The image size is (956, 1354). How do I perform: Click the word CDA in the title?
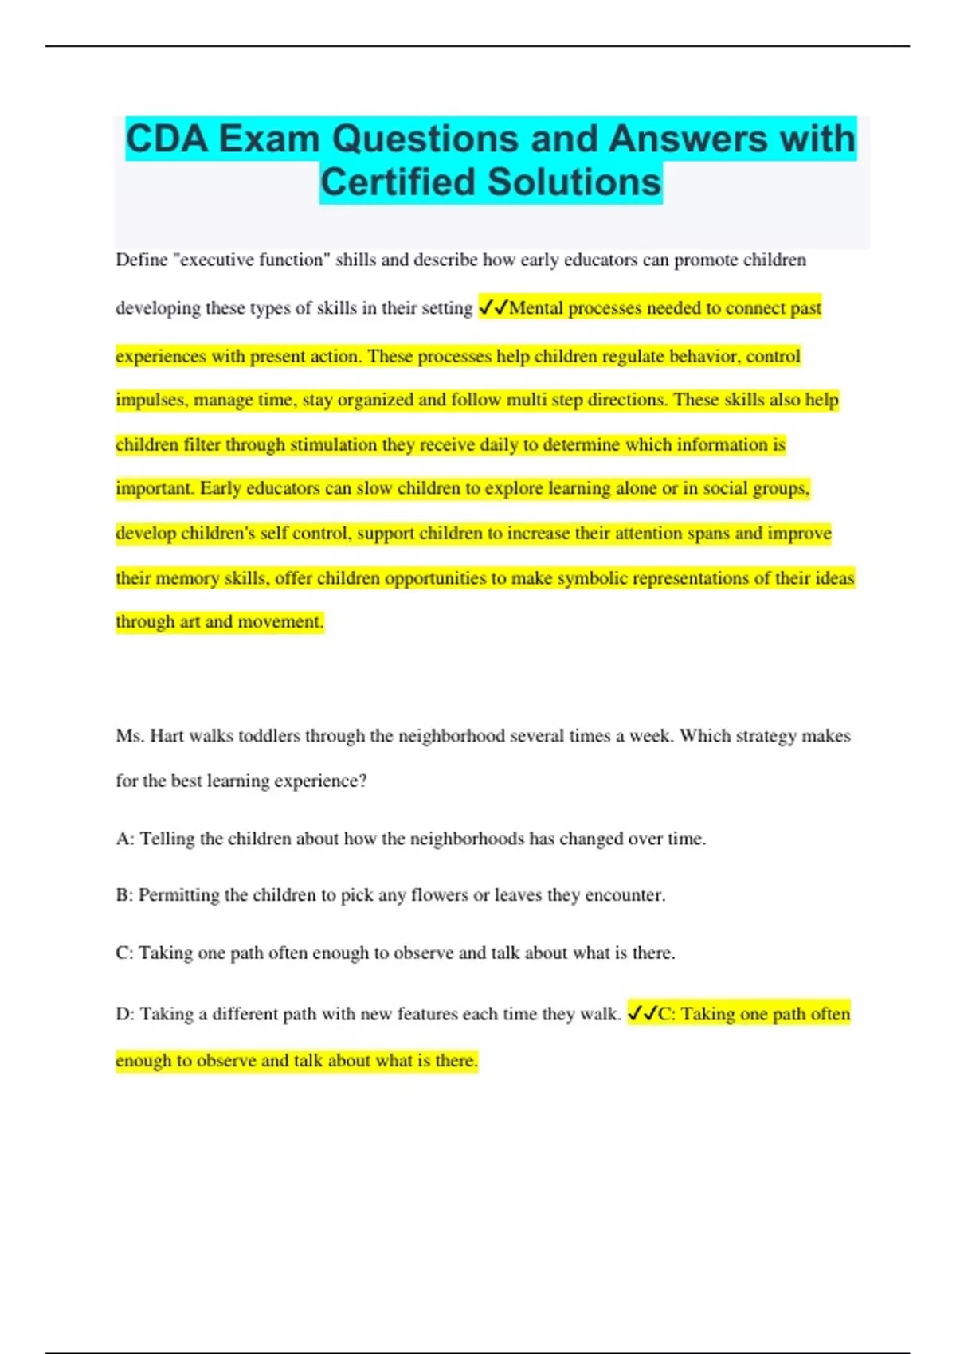tap(167, 139)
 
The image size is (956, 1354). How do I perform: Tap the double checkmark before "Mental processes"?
tap(493, 308)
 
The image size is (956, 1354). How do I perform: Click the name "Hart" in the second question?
tap(167, 736)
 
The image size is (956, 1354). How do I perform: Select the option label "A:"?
tap(125, 839)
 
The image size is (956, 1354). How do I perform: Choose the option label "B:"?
tap(124, 895)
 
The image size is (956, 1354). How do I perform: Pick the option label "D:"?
tap(125, 1014)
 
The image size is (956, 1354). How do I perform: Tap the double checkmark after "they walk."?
tap(642, 1014)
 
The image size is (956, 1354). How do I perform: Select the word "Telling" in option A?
tap(167, 839)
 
